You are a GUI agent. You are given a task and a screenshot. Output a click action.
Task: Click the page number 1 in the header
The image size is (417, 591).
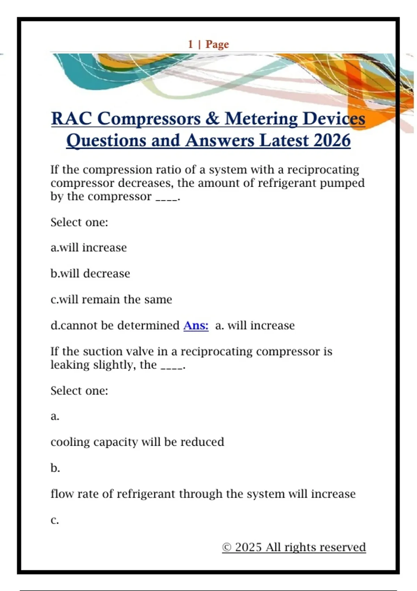(x=190, y=44)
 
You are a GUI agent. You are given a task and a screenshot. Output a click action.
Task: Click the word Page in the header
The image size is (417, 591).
(x=217, y=44)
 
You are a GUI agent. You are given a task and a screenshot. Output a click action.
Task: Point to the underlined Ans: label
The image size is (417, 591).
(x=196, y=325)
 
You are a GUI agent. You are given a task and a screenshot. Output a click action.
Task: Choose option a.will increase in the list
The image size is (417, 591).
(x=89, y=248)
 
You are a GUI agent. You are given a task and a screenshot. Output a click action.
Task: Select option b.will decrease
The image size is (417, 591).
(x=90, y=274)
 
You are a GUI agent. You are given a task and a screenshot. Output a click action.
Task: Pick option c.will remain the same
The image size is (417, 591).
(x=111, y=299)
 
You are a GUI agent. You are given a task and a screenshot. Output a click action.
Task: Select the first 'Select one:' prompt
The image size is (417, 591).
(x=79, y=222)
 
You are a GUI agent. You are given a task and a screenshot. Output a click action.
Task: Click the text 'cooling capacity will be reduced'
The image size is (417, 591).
(x=137, y=442)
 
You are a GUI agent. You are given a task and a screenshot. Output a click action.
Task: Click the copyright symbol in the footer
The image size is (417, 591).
(x=227, y=547)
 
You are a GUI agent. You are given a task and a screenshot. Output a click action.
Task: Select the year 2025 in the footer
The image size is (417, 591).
(x=248, y=547)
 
